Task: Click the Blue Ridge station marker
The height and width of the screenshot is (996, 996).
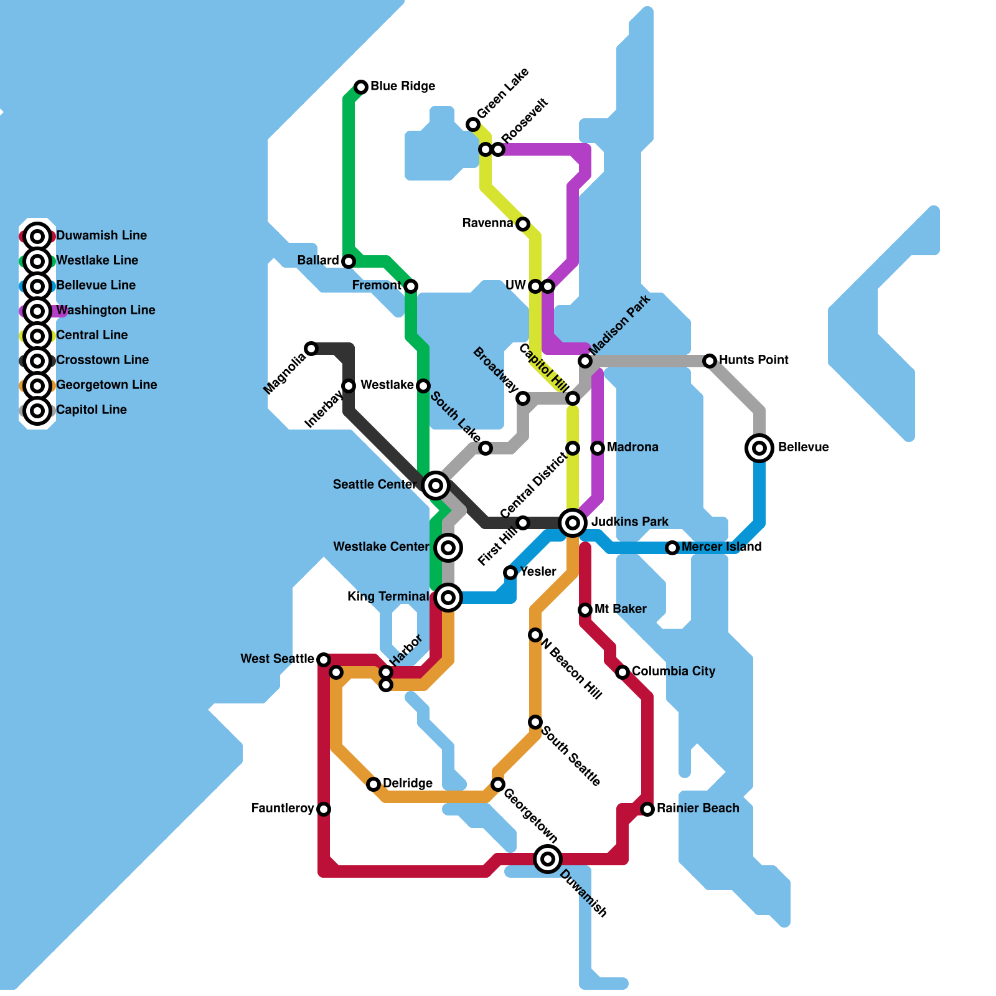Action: pos(361,87)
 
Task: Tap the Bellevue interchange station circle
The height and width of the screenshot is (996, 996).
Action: pos(759,448)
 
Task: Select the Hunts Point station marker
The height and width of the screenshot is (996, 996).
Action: pos(710,361)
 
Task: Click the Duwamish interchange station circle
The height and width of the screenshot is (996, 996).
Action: pos(548,859)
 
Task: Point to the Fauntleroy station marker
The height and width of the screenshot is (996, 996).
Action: pos(324,809)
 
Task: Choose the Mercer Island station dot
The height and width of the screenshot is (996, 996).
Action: pos(672,548)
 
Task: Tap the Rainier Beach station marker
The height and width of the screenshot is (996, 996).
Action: pos(647,809)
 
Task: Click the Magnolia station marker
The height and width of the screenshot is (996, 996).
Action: pos(311,349)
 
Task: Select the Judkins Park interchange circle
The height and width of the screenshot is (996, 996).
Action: pos(573,523)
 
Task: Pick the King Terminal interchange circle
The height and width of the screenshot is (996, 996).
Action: pos(448,598)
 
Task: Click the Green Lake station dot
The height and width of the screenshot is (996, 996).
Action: pos(473,125)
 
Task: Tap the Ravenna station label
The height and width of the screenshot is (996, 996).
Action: pos(487,223)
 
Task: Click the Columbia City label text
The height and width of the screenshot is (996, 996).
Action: pos(674,671)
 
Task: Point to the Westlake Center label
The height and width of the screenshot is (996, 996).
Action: pos(381,547)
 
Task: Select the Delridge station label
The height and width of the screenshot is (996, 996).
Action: pos(408,783)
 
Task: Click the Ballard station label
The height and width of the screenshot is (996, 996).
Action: pos(318,260)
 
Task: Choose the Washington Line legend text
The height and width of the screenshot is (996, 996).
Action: pos(106,310)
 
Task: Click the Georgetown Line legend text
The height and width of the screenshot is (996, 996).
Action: pos(106,385)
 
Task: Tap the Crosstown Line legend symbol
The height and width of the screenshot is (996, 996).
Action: pos(37,361)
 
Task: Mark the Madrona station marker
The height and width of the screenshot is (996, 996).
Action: pos(598,448)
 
